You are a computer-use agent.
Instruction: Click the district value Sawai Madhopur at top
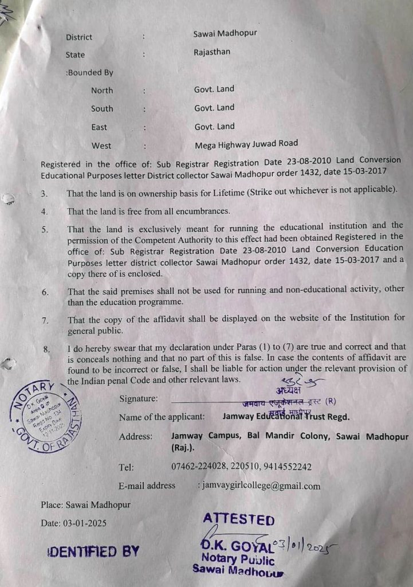(x=225, y=33)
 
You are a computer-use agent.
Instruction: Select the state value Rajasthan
(x=212, y=52)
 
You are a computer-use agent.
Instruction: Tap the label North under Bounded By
(x=102, y=90)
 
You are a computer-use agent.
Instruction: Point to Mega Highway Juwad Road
(x=246, y=144)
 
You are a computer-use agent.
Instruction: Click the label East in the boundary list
(x=99, y=127)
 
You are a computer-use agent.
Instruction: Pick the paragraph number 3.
(x=44, y=194)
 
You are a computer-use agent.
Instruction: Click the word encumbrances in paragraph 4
(x=198, y=210)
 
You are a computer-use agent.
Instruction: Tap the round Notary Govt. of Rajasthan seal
(x=46, y=417)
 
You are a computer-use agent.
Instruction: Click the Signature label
(x=139, y=399)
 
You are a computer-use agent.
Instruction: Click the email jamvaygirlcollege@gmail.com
(x=261, y=486)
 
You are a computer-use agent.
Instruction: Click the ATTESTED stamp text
(x=238, y=519)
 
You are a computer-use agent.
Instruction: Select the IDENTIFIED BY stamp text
(x=93, y=552)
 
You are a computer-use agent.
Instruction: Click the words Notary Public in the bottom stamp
(x=238, y=559)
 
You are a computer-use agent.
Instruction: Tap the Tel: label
(x=127, y=467)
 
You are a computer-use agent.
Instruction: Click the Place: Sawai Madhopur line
(x=85, y=504)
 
